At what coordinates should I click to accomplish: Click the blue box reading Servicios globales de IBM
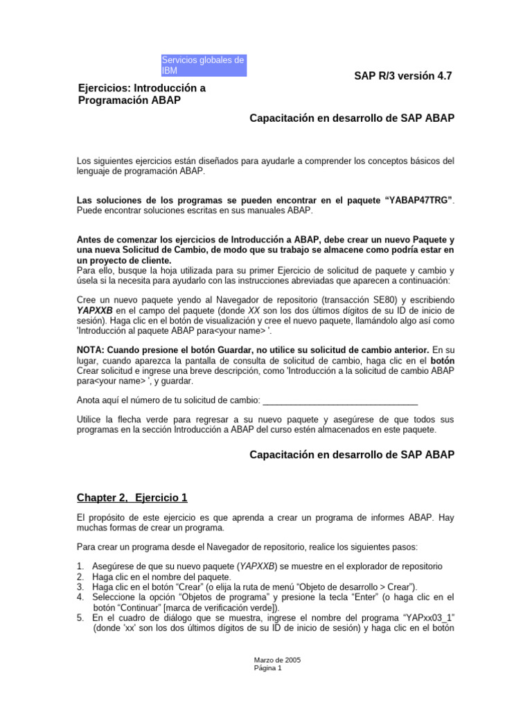coord(204,66)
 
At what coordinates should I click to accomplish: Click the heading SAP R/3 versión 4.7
coord(402,76)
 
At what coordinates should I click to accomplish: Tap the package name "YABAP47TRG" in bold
coord(418,200)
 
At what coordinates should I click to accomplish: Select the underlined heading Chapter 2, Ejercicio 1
coord(132,498)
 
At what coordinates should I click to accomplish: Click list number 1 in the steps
coord(80,566)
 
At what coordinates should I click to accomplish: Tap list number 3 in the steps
coord(80,586)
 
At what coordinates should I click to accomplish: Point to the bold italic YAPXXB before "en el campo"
coord(94,310)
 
